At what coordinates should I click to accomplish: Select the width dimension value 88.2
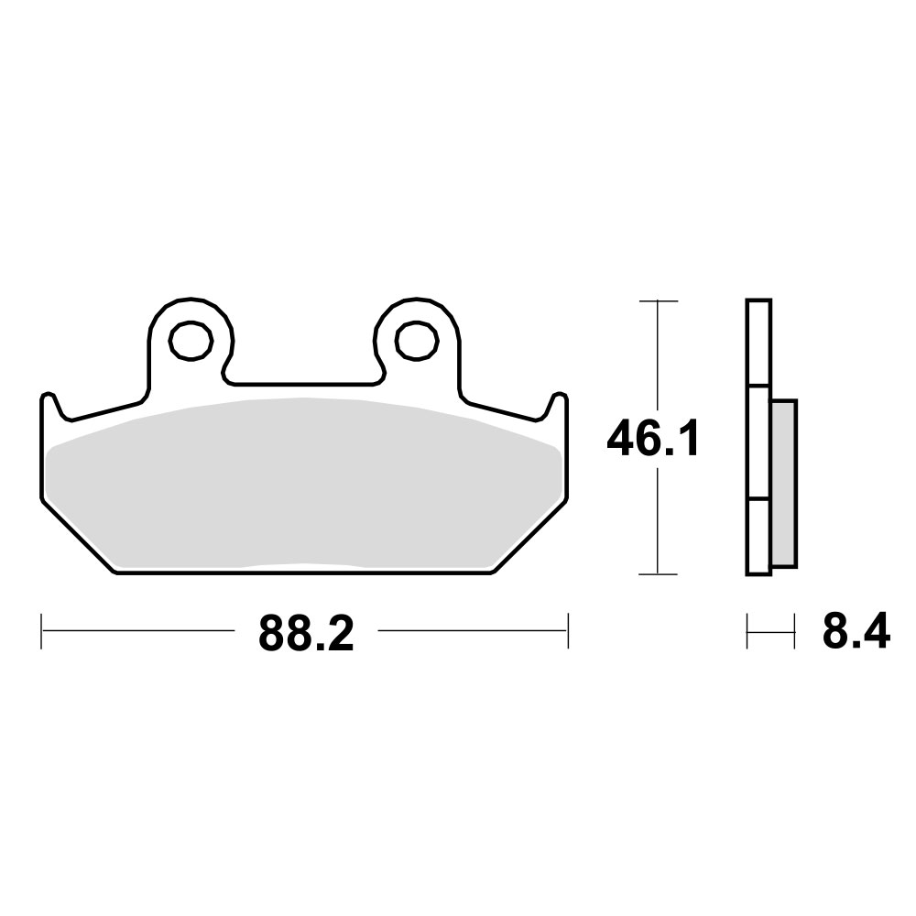[x=305, y=633]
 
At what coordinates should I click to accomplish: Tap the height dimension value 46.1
[x=653, y=441]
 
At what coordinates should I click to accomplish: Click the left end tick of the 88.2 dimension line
[x=42, y=631]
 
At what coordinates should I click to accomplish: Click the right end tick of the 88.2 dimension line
[x=569, y=631]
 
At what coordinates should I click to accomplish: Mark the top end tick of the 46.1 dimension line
[x=658, y=300]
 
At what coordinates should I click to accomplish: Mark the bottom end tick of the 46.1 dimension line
[x=658, y=575]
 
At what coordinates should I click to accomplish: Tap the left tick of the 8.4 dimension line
[x=748, y=631]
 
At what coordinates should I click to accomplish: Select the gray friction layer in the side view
[x=784, y=482]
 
